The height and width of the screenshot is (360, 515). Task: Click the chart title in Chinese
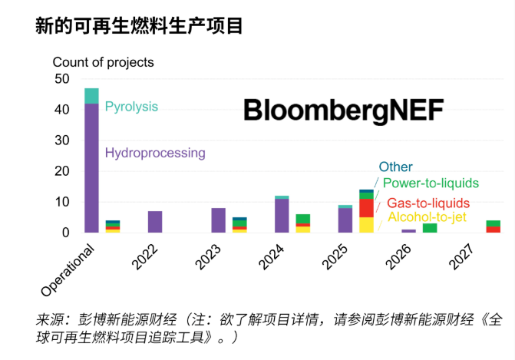(139, 25)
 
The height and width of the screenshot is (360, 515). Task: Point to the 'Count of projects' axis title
(103, 62)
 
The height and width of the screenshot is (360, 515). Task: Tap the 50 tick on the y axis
(61, 79)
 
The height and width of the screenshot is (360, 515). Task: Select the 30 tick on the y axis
(61, 140)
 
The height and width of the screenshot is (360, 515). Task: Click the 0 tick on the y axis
(66, 233)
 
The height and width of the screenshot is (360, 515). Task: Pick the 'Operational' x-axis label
(68, 270)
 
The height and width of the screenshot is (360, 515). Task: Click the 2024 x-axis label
(271, 257)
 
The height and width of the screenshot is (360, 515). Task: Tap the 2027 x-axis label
(462, 257)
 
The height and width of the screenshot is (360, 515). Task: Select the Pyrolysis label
(131, 107)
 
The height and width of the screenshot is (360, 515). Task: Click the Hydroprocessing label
(155, 153)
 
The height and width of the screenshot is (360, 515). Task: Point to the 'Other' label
(395, 167)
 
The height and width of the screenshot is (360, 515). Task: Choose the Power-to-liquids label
(431, 183)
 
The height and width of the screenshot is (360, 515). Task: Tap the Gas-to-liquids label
(428, 203)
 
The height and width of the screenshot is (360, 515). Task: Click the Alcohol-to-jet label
(427, 216)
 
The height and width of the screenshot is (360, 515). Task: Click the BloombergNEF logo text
(343, 111)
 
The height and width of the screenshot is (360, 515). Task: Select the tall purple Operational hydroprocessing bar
(91, 168)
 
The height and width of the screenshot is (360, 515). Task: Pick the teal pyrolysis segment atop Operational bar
(91, 96)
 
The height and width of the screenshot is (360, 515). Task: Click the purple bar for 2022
(155, 222)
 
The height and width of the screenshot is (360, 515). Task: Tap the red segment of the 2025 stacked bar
(367, 208)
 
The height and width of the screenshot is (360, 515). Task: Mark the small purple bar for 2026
(408, 231)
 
